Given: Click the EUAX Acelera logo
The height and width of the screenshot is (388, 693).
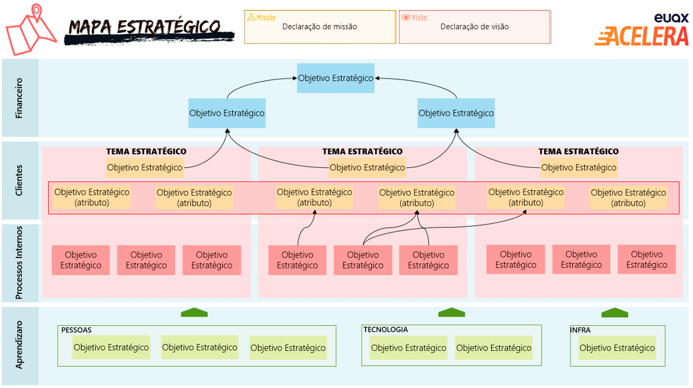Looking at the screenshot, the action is pyautogui.click(x=642, y=30).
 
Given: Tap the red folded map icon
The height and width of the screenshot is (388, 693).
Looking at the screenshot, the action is pyautogui.click(x=31, y=30).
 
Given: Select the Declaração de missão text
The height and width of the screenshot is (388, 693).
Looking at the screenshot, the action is pyautogui.click(x=320, y=26).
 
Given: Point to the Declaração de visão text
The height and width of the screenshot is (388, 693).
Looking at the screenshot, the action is pyautogui.click(x=474, y=26).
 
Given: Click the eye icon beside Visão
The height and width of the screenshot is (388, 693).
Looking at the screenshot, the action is pyautogui.click(x=406, y=17).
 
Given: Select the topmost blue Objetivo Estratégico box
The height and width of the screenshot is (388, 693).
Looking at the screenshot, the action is pyautogui.click(x=336, y=78).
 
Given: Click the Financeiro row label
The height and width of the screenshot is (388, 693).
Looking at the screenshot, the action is pyautogui.click(x=19, y=98).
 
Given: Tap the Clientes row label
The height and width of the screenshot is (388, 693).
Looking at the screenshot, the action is pyautogui.click(x=19, y=181).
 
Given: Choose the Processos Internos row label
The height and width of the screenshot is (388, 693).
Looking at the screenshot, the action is pyautogui.click(x=19, y=262).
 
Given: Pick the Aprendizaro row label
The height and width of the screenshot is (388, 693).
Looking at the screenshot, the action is pyautogui.click(x=19, y=345).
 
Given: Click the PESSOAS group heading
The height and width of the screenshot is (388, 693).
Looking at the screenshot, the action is pyautogui.click(x=76, y=330).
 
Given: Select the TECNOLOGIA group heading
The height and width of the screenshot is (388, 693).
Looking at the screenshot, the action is pyautogui.click(x=386, y=329).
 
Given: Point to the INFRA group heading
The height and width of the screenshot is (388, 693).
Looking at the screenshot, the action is pyautogui.click(x=580, y=330).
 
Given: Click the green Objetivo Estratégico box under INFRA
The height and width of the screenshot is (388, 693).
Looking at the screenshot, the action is pyautogui.click(x=617, y=348).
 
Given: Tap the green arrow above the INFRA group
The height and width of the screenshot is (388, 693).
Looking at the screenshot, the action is pyautogui.click(x=615, y=312).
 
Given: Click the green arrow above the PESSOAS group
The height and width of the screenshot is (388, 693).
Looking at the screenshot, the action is pyautogui.click(x=194, y=312).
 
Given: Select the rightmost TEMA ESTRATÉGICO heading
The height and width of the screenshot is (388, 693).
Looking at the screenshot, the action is pyautogui.click(x=578, y=151).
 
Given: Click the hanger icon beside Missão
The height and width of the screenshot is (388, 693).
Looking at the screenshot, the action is pyautogui.click(x=251, y=17).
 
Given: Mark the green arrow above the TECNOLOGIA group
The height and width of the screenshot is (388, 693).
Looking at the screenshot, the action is pyautogui.click(x=451, y=312).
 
